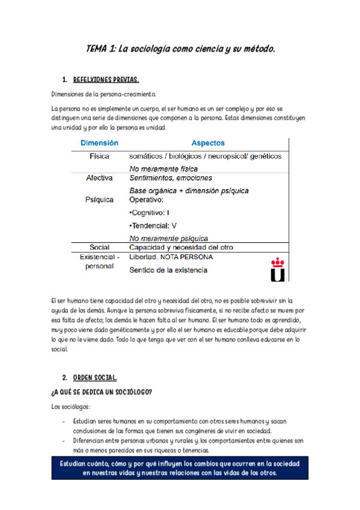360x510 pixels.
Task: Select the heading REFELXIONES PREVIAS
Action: [106, 79]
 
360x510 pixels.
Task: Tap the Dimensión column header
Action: [100, 143]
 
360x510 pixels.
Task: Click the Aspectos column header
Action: [208, 143]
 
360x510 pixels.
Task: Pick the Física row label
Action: [100, 156]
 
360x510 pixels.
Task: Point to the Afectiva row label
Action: [100, 179]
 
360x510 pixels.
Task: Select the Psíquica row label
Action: [100, 200]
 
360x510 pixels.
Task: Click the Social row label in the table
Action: [100, 247]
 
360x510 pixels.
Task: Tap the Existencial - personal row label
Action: [100, 262]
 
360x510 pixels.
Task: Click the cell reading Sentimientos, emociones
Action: [171, 179]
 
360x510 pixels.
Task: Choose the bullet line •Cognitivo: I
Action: [150, 213]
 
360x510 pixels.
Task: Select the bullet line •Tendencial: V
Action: [153, 226]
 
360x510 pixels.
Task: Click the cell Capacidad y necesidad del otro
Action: [182, 247]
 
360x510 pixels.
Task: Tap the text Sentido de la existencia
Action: [169, 270]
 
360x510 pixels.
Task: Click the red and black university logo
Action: [278, 270]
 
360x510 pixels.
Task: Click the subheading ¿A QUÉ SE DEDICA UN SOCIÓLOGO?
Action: [102, 392]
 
